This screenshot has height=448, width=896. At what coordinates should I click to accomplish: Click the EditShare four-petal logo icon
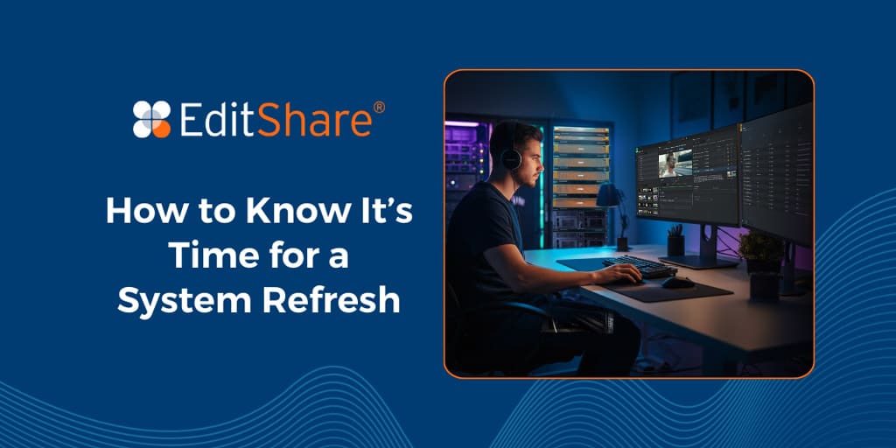151,120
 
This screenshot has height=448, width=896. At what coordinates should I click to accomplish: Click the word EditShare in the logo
276,120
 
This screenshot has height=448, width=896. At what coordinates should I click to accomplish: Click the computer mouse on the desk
677,282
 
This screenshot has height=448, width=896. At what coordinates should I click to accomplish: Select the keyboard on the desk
639,266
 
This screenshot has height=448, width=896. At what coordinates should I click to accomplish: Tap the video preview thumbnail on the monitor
675,163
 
